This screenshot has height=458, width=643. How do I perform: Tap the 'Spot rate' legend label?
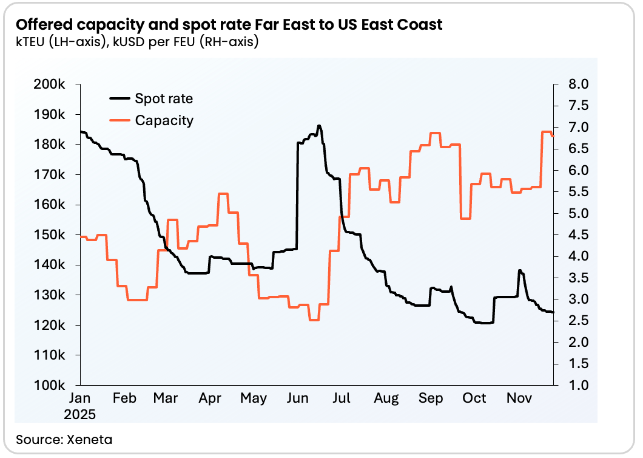[x=164, y=98]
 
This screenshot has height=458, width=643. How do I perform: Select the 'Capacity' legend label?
[x=164, y=120]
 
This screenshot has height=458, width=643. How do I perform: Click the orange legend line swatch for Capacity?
[x=120, y=120]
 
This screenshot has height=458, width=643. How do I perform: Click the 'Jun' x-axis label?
[x=297, y=398]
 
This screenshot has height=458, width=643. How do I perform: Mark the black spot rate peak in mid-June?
[x=319, y=126]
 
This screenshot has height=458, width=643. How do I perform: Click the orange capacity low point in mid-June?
[x=314, y=320]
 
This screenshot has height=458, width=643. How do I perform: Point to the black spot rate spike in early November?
[x=520, y=270]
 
